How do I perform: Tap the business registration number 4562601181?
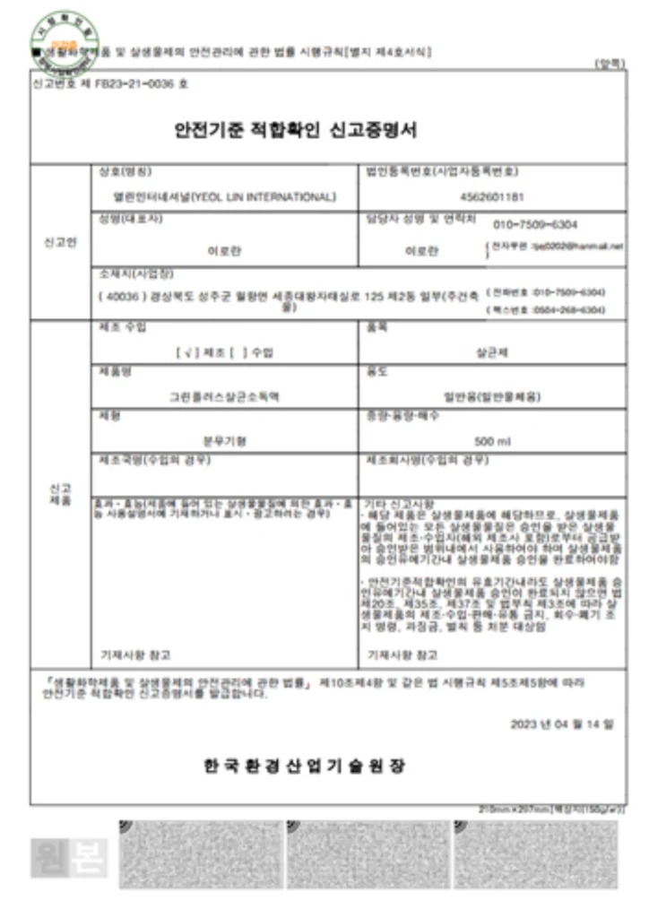tap(490, 196)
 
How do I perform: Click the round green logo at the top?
tap(64, 34)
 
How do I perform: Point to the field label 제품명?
tap(111, 371)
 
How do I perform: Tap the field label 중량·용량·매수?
tap(397, 415)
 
